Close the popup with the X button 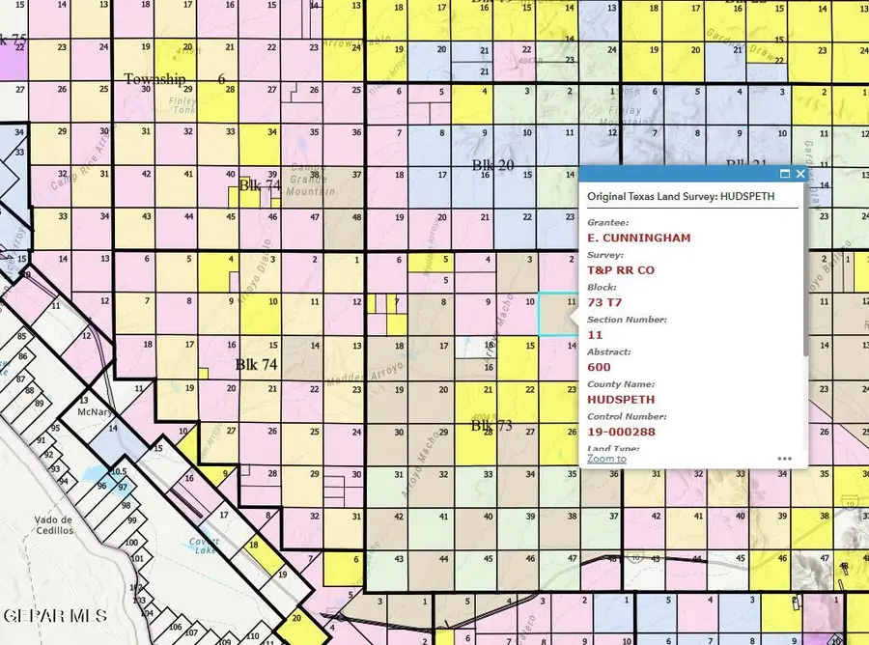point(799,174)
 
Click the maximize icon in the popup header point(784,174)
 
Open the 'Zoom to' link point(606,459)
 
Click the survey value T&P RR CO point(621,270)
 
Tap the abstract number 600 point(599,367)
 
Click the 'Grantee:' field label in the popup point(607,222)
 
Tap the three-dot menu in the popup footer point(785,459)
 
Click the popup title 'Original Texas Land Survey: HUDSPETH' point(681,196)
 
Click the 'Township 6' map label point(174,79)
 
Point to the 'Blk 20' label point(492,165)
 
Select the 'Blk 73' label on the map point(491,425)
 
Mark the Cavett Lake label point(204,547)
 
